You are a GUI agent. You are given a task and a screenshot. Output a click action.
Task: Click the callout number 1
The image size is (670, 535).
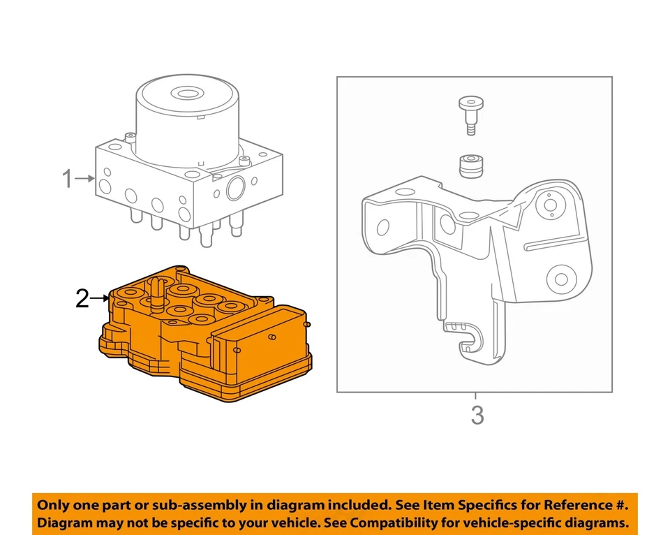(x=67, y=179)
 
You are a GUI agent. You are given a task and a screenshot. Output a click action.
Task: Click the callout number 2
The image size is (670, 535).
(x=82, y=299)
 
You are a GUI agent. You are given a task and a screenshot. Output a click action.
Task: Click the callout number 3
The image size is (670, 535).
(x=477, y=416)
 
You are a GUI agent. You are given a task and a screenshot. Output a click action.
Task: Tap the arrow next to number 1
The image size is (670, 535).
(x=85, y=179)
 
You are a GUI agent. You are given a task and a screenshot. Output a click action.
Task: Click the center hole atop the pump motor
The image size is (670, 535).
(x=187, y=93)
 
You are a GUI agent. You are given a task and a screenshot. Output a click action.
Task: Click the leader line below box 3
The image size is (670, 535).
(x=477, y=398)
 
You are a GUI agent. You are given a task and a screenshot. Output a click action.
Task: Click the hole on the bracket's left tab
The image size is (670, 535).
(x=382, y=227)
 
